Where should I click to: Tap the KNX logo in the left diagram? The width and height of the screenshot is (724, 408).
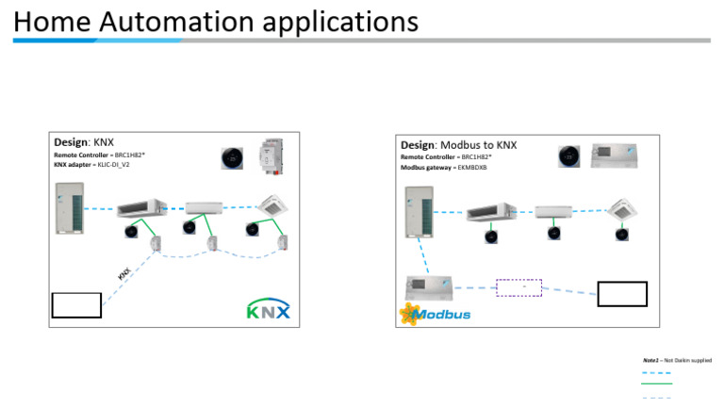(x=268, y=309)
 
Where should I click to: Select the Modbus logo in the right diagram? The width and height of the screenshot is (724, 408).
(x=435, y=314)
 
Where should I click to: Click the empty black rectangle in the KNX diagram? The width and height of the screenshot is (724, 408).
(x=76, y=305)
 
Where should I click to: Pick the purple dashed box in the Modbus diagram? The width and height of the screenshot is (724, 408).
(x=518, y=287)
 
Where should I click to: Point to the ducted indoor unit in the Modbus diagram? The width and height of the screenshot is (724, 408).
(x=490, y=211)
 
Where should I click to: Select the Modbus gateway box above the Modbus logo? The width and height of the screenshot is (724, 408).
(x=428, y=286)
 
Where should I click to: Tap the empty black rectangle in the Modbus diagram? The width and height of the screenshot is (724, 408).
(x=622, y=294)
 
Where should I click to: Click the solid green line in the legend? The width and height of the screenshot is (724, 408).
(x=656, y=384)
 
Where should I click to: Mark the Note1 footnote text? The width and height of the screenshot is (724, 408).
(x=676, y=360)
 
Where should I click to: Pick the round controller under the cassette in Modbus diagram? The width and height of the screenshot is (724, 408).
(x=622, y=234)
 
